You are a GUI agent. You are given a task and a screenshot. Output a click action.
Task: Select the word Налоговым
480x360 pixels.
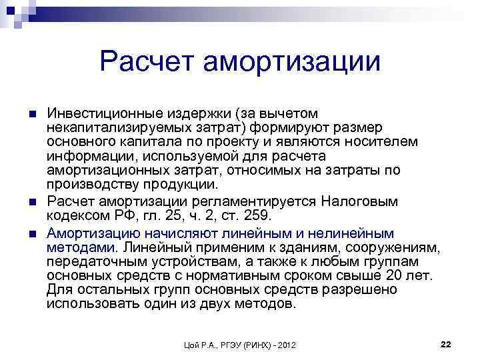[x=359, y=201]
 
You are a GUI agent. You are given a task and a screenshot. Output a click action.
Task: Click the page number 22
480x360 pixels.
[x=446, y=343]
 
